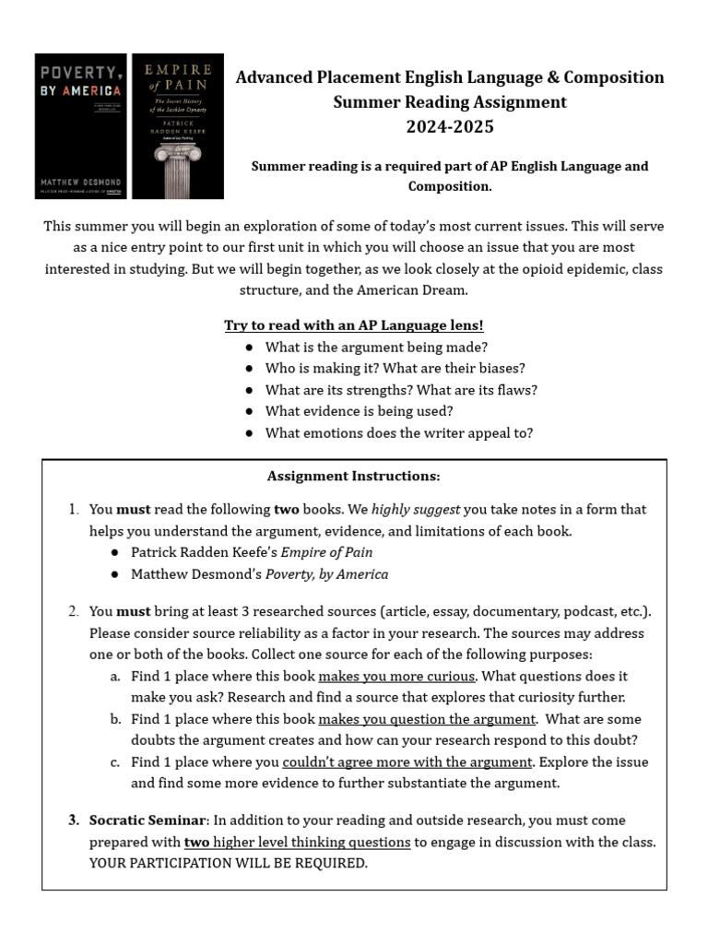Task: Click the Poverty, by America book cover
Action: point(80,125)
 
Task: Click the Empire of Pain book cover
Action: point(177,125)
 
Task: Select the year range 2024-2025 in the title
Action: point(450,126)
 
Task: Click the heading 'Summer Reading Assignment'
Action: point(450,101)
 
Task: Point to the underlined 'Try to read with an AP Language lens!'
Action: point(354,325)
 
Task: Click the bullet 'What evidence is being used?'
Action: point(359,411)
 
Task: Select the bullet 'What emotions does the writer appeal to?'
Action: point(398,432)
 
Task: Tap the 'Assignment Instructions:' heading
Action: point(354,476)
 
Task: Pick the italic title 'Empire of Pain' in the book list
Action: point(326,552)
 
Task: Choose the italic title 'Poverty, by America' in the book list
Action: point(326,573)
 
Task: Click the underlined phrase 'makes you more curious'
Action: point(396,676)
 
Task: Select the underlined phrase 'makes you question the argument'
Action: point(427,718)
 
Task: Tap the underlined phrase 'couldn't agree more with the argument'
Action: point(407,761)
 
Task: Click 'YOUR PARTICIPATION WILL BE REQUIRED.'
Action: point(228,863)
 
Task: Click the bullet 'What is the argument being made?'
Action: point(376,347)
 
